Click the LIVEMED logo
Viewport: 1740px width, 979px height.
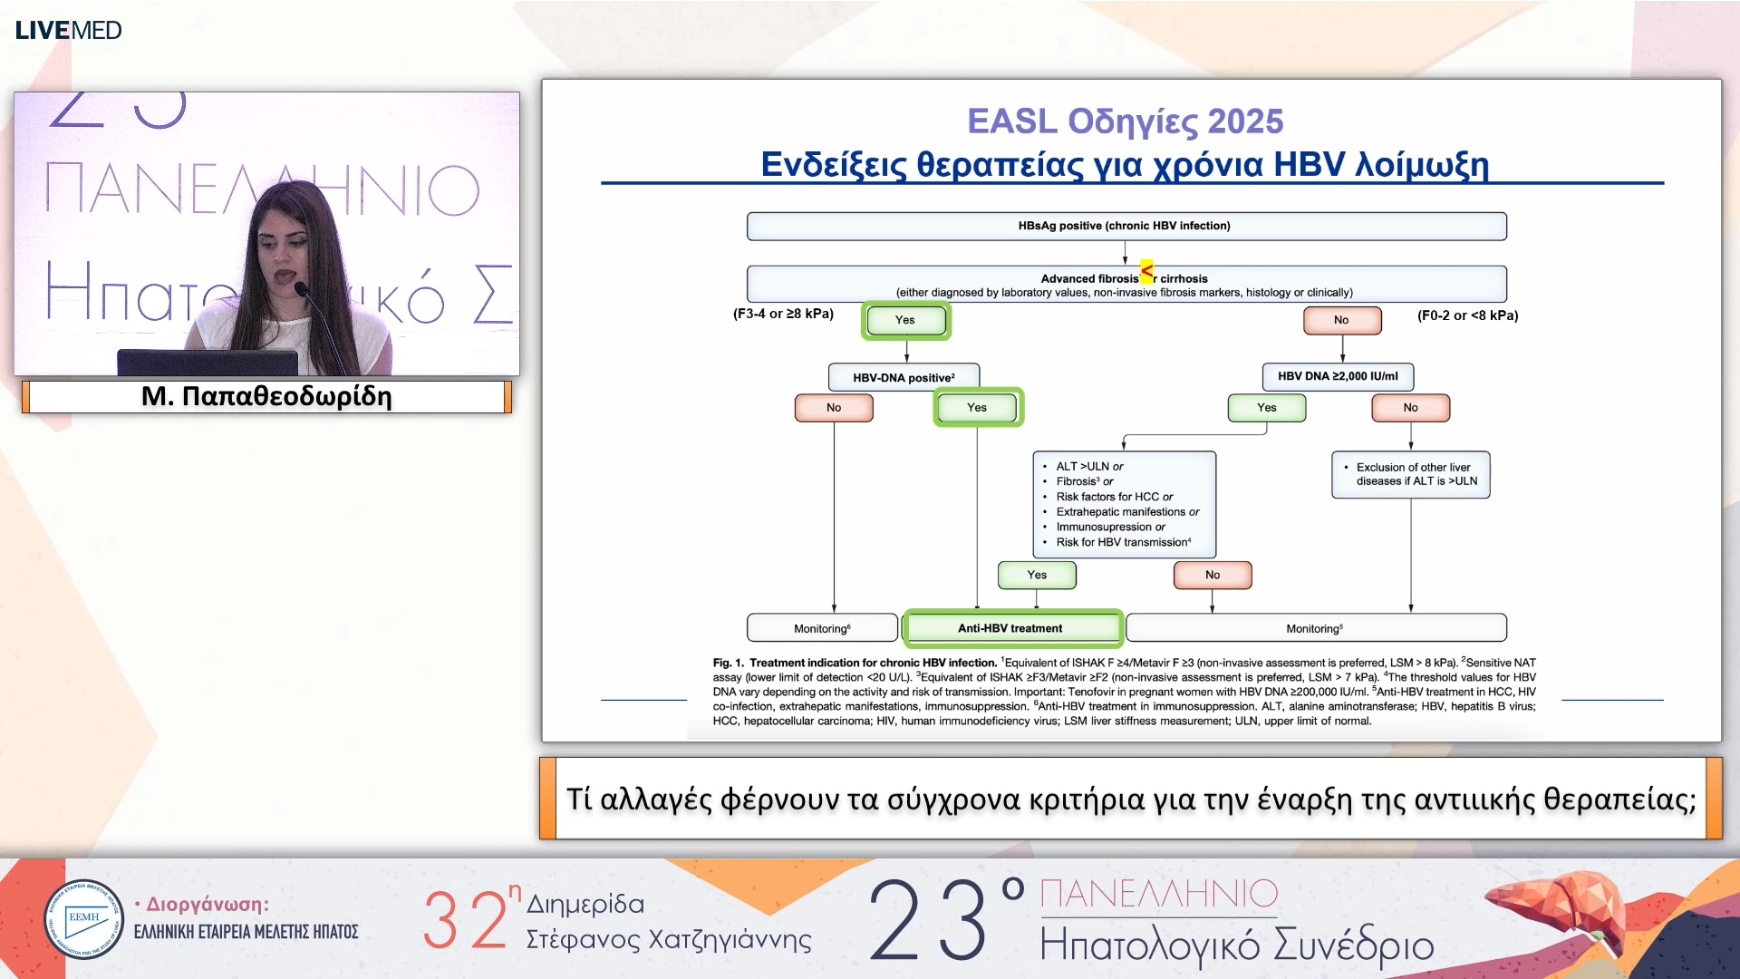(x=68, y=30)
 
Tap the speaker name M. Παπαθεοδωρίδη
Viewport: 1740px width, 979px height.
(x=266, y=397)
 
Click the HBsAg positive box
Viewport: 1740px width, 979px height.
(x=1126, y=226)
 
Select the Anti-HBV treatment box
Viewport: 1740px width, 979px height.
(x=1011, y=628)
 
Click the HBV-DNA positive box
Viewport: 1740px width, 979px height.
(x=904, y=377)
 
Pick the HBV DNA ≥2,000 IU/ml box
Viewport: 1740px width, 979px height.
(x=1338, y=376)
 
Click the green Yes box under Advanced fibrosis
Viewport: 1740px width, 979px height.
(x=905, y=320)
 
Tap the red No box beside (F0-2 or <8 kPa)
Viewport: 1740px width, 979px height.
(x=1341, y=320)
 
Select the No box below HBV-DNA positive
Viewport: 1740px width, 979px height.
(x=834, y=408)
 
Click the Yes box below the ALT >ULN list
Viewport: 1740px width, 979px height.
(x=1037, y=575)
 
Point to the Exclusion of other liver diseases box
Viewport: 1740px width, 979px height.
(x=1411, y=475)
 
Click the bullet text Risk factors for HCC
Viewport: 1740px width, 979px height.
(x=1114, y=497)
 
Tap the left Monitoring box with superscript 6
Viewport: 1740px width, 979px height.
(x=821, y=628)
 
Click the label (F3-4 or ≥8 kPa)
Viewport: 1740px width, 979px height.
(x=783, y=314)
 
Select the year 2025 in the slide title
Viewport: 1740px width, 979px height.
(x=1245, y=121)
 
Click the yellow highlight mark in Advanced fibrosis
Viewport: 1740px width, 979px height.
(x=1147, y=271)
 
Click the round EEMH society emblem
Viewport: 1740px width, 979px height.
(x=83, y=919)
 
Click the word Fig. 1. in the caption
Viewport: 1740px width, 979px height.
(x=728, y=663)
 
